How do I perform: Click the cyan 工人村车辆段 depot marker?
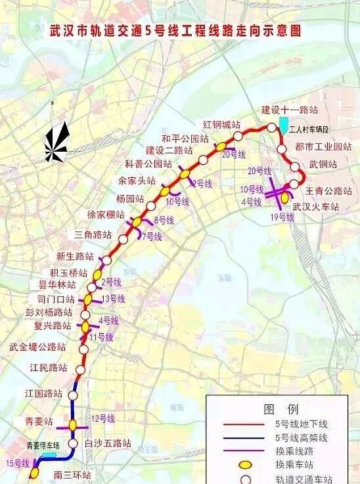(283, 124)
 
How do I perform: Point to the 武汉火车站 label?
(317, 206)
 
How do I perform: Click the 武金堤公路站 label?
(37, 347)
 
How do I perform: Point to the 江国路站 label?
(44, 393)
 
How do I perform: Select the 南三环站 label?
(73, 475)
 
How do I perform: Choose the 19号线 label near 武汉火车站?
(282, 217)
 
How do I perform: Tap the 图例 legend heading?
(281, 409)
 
